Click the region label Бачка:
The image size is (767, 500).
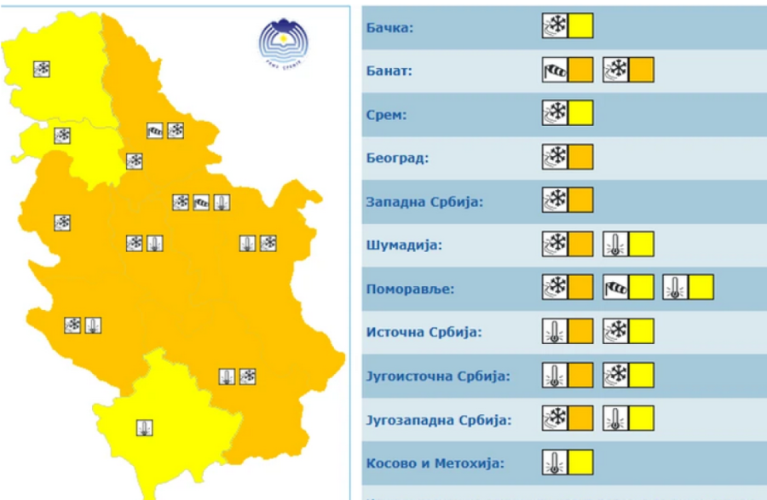coord(389,28)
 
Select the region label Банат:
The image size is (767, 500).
coord(389,72)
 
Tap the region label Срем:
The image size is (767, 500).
coord(385,115)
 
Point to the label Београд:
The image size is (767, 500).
coord(396,158)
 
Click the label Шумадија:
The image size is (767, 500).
coord(405,246)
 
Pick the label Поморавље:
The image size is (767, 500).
coord(410,289)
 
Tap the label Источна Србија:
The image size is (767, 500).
coord(424,332)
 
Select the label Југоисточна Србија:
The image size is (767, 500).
coord(438,376)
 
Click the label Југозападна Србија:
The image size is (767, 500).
coord(439,420)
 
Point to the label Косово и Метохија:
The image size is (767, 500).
coord(435,463)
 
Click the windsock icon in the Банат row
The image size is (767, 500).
coord(555,70)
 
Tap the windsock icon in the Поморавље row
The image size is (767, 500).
coord(615,288)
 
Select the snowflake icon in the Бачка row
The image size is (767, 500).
coord(555,26)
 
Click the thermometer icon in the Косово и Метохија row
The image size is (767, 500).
coord(555,463)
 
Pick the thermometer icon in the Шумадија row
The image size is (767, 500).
coord(615,244)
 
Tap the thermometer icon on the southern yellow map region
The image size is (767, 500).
coord(145,428)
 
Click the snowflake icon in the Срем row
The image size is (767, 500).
coord(555,113)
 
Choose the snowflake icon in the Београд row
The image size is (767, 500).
coord(555,157)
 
